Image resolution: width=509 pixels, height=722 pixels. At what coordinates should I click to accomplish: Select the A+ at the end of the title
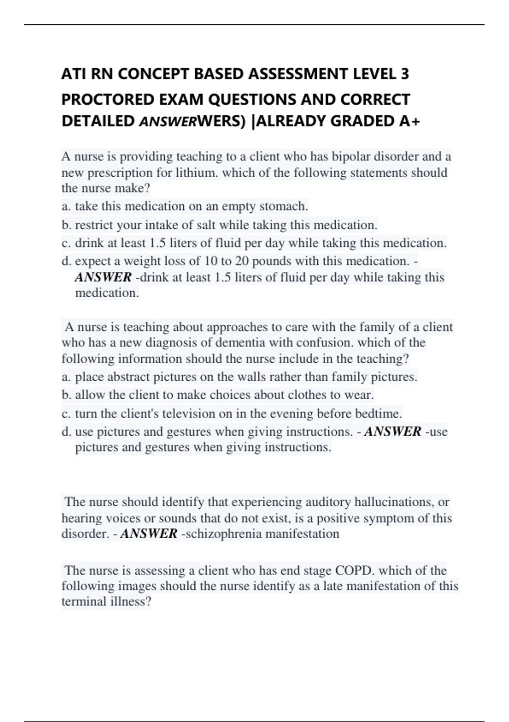click(x=410, y=121)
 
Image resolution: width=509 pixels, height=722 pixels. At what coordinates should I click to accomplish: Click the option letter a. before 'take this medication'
click(x=66, y=206)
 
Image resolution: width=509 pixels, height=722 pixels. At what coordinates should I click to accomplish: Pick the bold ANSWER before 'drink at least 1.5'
click(x=103, y=277)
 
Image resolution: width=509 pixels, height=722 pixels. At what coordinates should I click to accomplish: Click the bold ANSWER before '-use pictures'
click(x=393, y=432)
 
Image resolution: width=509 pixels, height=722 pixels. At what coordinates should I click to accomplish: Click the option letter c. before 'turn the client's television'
click(x=66, y=414)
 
